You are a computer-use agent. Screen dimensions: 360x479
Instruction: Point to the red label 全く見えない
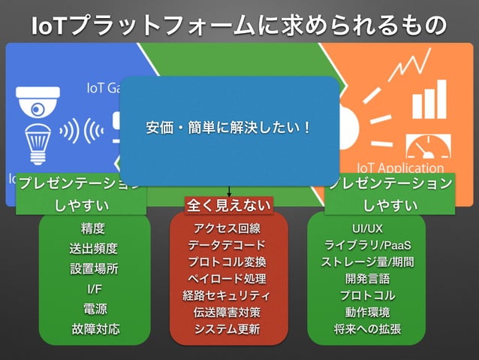pos(228,204)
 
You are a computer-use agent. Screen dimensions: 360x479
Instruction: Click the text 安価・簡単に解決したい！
pos(228,127)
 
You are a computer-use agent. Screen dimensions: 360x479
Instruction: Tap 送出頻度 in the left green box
pos(93,249)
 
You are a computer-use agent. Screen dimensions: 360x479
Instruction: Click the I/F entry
pos(93,289)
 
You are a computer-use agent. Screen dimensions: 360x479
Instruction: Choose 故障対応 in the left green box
pos(93,329)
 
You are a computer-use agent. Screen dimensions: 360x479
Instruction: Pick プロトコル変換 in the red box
pos(227,262)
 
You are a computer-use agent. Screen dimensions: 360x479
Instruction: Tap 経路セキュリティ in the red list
pos(227,295)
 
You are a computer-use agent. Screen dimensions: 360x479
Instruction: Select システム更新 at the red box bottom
pos(227,329)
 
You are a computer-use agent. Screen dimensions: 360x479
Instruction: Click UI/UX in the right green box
pos(367,228)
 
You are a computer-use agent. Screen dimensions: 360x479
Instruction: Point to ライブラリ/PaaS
pos(367,245)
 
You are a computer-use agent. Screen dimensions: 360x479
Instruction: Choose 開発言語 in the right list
pos(367,279)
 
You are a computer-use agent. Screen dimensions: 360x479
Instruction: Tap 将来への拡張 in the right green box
pos(367,329)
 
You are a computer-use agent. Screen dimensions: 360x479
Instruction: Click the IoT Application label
pos(400,169)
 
